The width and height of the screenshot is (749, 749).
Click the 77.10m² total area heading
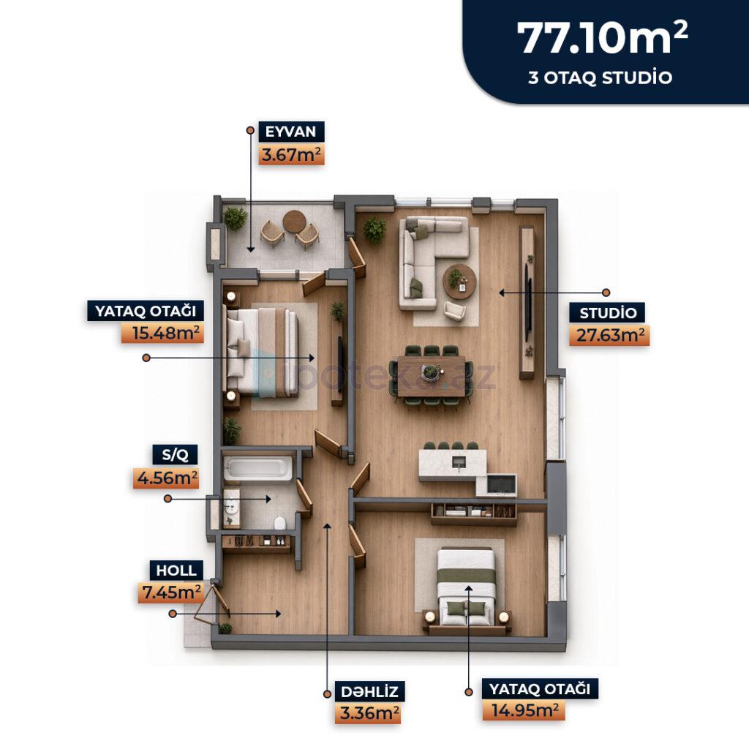[x=602, y=38]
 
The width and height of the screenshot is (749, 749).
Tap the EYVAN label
[x=291, y=132]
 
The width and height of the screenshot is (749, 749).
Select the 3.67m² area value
[x=291, y=155]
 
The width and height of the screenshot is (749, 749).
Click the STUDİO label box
[x=608, y=313]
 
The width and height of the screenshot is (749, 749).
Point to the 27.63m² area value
[x=609, y=335]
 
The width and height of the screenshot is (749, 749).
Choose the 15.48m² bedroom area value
[x=163, y=333]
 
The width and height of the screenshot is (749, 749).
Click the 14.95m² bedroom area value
[x=524, y=710]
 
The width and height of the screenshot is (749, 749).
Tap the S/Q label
[x=176, y=455]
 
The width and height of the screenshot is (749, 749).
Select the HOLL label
[x=176, y=571]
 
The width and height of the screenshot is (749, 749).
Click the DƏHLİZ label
[x=369, y=691]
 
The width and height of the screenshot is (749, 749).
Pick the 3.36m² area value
[x=369, y=713]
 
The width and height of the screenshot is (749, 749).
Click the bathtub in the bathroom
[x=258, y=467]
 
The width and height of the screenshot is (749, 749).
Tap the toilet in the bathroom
[x=280, y=523]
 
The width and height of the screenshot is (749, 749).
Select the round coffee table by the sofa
[x=459, y=282]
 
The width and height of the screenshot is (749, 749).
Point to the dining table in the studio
[x=432, y=377]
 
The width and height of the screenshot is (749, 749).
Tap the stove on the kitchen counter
[x=501, y=485]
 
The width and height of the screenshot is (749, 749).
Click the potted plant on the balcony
[x=236, y=218]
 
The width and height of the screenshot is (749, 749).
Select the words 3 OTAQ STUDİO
[x=600, y=78]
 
